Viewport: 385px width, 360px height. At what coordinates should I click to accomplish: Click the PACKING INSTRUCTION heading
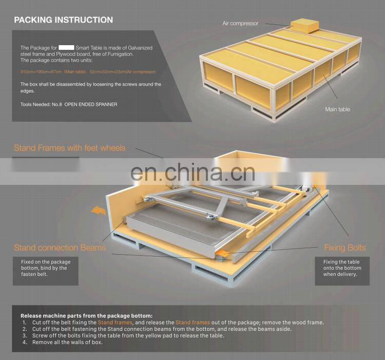[x=63, y=20]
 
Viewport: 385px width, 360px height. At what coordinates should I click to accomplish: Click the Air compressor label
[x=240, y=24]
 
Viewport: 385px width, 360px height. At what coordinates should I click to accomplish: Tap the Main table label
[x=337, y=109]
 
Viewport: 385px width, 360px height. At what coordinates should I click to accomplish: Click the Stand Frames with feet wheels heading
[x=69, y=148]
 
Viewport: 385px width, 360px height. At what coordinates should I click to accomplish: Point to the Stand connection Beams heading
[x=60, y=248]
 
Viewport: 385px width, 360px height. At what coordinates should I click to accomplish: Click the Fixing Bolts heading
[x=344, y=248]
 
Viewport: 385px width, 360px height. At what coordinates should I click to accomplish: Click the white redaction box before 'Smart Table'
[x=66, y=47]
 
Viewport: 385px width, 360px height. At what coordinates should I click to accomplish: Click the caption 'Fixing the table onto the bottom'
[x=342, y=265]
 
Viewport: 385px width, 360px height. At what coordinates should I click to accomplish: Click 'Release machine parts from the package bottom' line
[x=86, y=315]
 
